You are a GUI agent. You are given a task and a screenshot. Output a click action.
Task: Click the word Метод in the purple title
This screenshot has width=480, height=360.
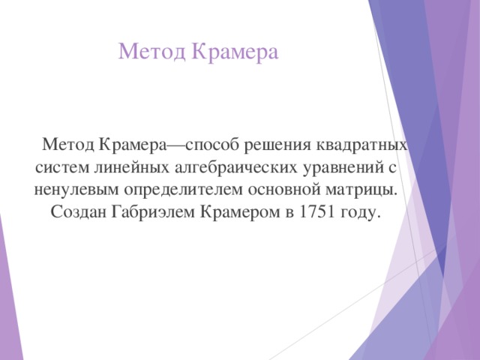click(151, 52)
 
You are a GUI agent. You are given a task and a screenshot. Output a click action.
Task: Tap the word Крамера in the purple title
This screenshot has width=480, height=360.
click(235, 51)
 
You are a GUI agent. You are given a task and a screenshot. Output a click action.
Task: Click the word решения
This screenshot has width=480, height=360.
click(277, 145)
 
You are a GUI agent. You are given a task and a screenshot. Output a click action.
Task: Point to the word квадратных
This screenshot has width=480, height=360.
click(361, 145)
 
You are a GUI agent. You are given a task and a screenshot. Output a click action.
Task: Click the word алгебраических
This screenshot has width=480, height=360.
click(236, 168)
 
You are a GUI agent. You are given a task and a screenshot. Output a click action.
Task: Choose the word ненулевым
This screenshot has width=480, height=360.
click(76, 190)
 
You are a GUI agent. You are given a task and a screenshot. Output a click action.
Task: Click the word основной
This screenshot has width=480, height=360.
click(283, 190)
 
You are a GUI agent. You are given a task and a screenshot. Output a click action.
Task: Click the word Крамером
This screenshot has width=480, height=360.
click(240, 212)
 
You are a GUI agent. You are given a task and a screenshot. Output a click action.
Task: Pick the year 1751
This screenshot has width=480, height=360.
click(316, 211)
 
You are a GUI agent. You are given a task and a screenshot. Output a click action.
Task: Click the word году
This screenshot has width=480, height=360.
click(358, 213)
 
